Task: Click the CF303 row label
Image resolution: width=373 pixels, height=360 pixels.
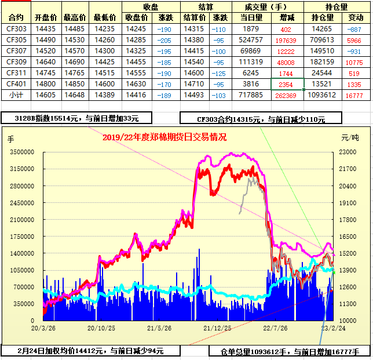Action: (x=16, y=29)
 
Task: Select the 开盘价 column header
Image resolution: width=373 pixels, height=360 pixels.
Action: (x=46, y=18)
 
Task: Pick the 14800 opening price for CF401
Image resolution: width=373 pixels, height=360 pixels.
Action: (x=46, y=84)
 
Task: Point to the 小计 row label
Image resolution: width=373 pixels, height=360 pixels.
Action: (x=16, y=95)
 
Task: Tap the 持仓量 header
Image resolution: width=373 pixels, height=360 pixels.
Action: (x=337, y=7)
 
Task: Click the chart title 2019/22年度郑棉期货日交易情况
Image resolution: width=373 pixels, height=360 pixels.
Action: (x=164, y=138)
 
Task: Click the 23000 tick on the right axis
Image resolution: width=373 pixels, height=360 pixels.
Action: (x=347, y=152)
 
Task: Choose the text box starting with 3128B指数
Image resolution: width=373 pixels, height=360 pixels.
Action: (x=77, y=118)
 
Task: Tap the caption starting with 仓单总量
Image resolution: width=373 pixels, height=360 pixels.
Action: (x=290, y=351)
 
